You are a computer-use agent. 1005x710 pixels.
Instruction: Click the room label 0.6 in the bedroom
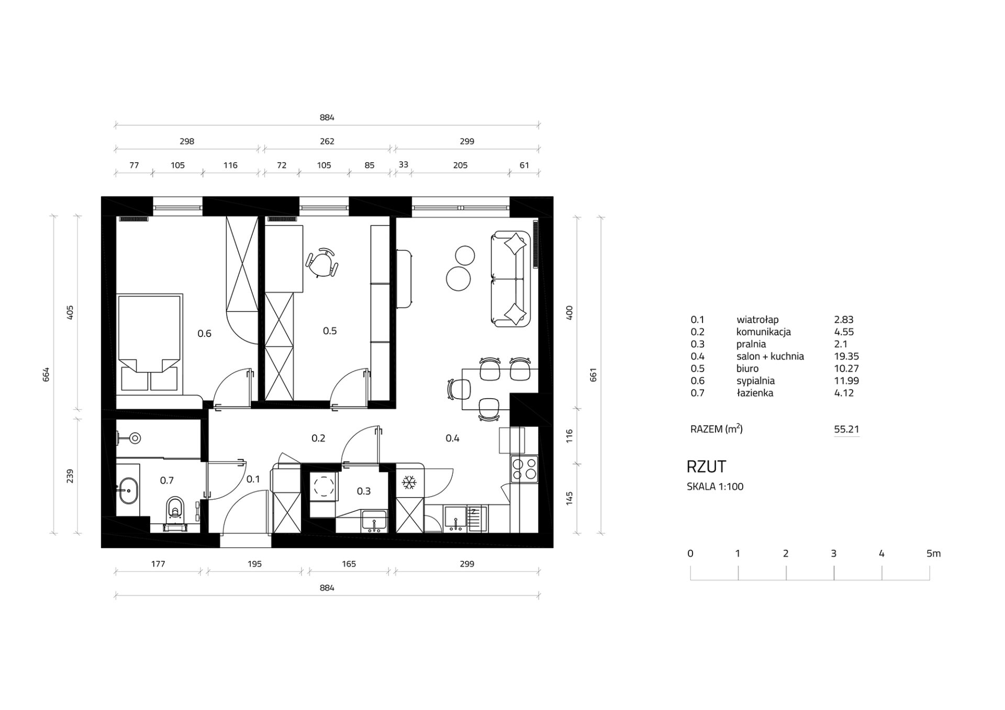click(x=204, y=334)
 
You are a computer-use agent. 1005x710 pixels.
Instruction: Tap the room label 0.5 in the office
click(x=330, y=331)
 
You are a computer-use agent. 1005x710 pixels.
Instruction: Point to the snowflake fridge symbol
click(x=408, y=482)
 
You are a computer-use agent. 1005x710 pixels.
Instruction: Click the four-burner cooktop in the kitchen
click(x=524, y=469)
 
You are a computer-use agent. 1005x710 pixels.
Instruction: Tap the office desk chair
click(x=322, y=262)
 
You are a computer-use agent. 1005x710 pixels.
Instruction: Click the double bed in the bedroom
click(x=150, y=343)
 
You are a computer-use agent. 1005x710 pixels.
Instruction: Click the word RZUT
click(x=706, y=467)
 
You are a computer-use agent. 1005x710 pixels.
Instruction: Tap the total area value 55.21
click(x=846, y=430)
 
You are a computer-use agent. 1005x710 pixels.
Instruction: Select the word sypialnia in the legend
click(x=755, y=381)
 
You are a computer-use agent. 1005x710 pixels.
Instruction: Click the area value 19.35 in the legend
click(x=846, y=356)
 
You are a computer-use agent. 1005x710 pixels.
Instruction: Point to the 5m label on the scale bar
click(x=933, y=554)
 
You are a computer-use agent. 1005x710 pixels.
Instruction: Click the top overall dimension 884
click(x=327, y=118)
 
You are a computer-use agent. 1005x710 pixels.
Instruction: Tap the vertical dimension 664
click(x=46, y=375)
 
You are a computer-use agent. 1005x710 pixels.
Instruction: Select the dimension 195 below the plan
click(x=254, y=564)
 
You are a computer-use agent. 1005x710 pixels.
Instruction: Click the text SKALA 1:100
click(x=715, y=487)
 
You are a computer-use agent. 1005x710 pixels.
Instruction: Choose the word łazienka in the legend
click(x=755, y=393)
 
